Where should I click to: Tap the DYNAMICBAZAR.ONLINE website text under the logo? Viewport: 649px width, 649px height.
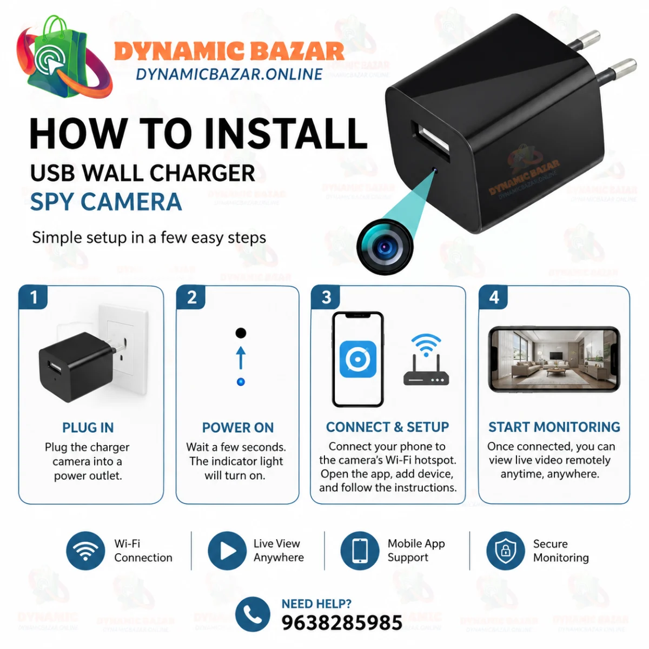click(229, 74)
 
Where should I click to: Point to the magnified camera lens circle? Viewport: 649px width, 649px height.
click(385, 247)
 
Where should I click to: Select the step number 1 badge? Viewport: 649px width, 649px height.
click(33, 297)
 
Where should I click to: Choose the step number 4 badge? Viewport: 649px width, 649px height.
click(493, 297)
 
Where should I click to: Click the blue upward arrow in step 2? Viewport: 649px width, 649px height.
click(241, 357)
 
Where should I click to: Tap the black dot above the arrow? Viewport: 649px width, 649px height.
click(241, 333)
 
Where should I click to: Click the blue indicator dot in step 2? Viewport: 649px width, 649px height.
click(241, 382)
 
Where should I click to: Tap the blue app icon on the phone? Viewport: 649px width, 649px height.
click(357, 359)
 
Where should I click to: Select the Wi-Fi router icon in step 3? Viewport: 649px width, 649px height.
click(426, 359)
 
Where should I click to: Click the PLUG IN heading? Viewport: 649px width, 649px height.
click(88, 428)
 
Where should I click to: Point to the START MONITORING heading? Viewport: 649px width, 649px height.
click(554, 427)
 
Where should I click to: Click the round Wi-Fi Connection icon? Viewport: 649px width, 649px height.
click(85, 551)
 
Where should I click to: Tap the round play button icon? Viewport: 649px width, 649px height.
click(227, 551)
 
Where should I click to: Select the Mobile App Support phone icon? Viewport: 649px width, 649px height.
click(360, 551)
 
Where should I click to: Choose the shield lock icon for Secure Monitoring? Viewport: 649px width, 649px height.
click(505, 551)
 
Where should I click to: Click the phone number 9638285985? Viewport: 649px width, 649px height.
click(342, 622)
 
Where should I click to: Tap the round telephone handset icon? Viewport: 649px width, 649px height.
click(252, 614)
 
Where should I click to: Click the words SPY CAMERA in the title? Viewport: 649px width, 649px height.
click(106, 202)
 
